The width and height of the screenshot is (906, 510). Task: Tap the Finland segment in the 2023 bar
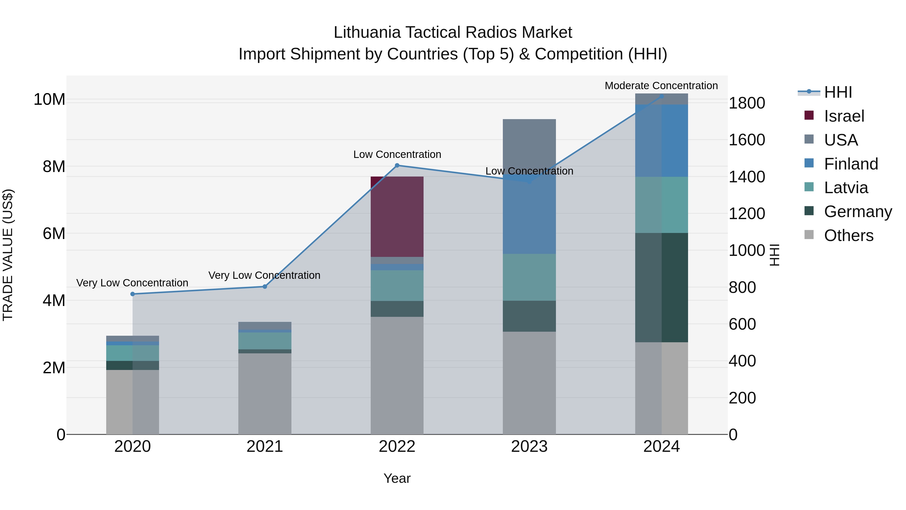coord(529,218)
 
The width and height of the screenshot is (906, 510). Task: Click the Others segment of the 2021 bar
coord(265,393)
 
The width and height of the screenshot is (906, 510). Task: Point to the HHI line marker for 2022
coord(397,165)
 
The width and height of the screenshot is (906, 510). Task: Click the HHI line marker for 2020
coord(133,294)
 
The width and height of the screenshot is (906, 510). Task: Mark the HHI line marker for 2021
coord(265,287)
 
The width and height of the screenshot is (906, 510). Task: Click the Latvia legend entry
coord(846,188)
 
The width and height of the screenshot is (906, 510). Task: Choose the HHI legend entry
coord(838,92)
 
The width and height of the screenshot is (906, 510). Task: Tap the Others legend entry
coord(848,235)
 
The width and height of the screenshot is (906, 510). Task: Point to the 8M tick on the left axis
coord(54,166)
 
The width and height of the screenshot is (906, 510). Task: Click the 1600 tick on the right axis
coord(747,140)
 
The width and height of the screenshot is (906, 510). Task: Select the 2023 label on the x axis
coord(529,447)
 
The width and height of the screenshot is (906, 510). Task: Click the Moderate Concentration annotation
coord(661,86)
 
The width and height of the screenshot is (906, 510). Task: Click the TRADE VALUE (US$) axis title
coord(8,255)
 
